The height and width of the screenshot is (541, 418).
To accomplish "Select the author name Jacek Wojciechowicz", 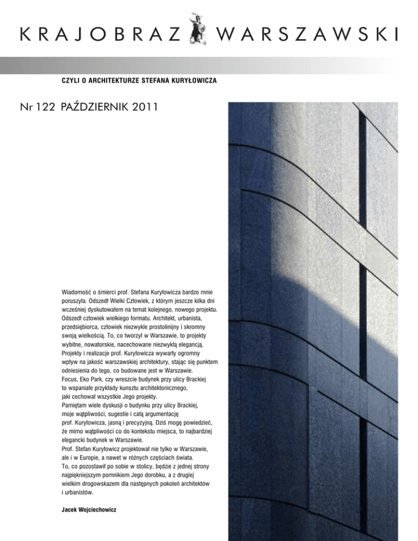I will click(x=89, y=511).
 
